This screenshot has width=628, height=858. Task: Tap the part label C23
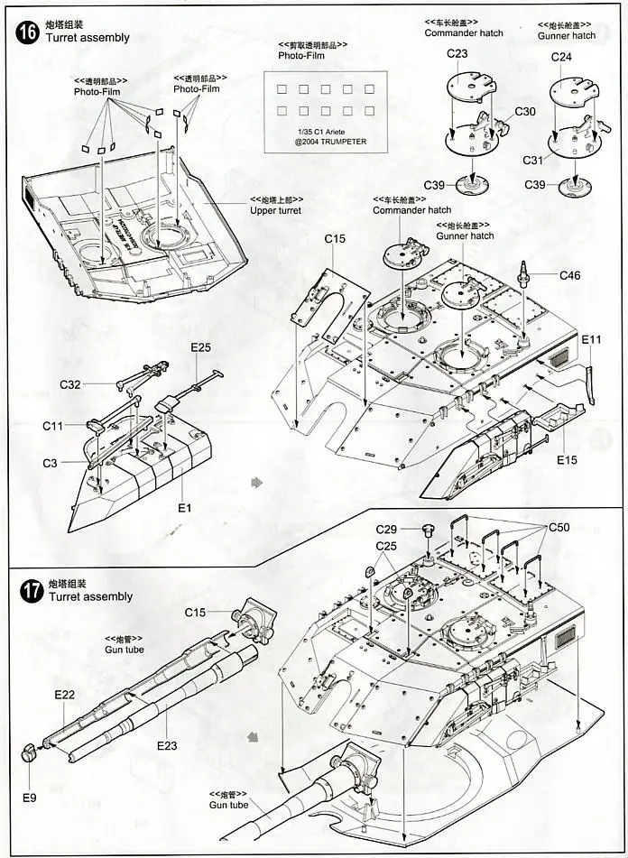point(457,54)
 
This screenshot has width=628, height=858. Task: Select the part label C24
point(562,57)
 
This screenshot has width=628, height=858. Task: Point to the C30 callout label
point(525,111)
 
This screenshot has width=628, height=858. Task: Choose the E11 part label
point(591,339)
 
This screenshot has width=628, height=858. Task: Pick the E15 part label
point(567,460)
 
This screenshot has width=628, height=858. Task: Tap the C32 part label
point(71,384)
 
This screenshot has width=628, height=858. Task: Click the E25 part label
point(200,347)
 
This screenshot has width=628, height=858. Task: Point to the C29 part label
point(386,529)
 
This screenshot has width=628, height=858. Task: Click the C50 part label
point(559,527)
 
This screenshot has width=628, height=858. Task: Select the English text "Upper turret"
point(275,210)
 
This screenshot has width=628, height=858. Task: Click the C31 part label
point(534,160)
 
